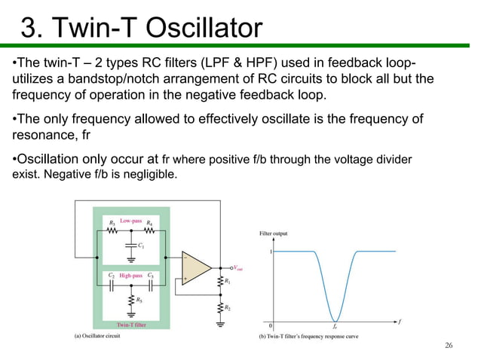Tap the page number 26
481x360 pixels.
click(x=449, y=345)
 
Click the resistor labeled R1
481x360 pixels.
click(x=219, y=282)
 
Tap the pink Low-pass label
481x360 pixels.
click(x=130, y=221)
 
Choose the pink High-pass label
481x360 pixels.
click(x=131, y=276)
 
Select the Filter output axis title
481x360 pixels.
click(x=273, y=233)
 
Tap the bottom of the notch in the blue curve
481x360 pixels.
click(x=334, y=319)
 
